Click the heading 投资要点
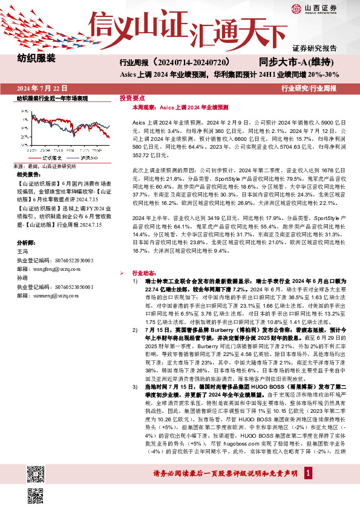(132, 98)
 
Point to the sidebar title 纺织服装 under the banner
(36, 59)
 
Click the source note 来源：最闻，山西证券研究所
(44, 166)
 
